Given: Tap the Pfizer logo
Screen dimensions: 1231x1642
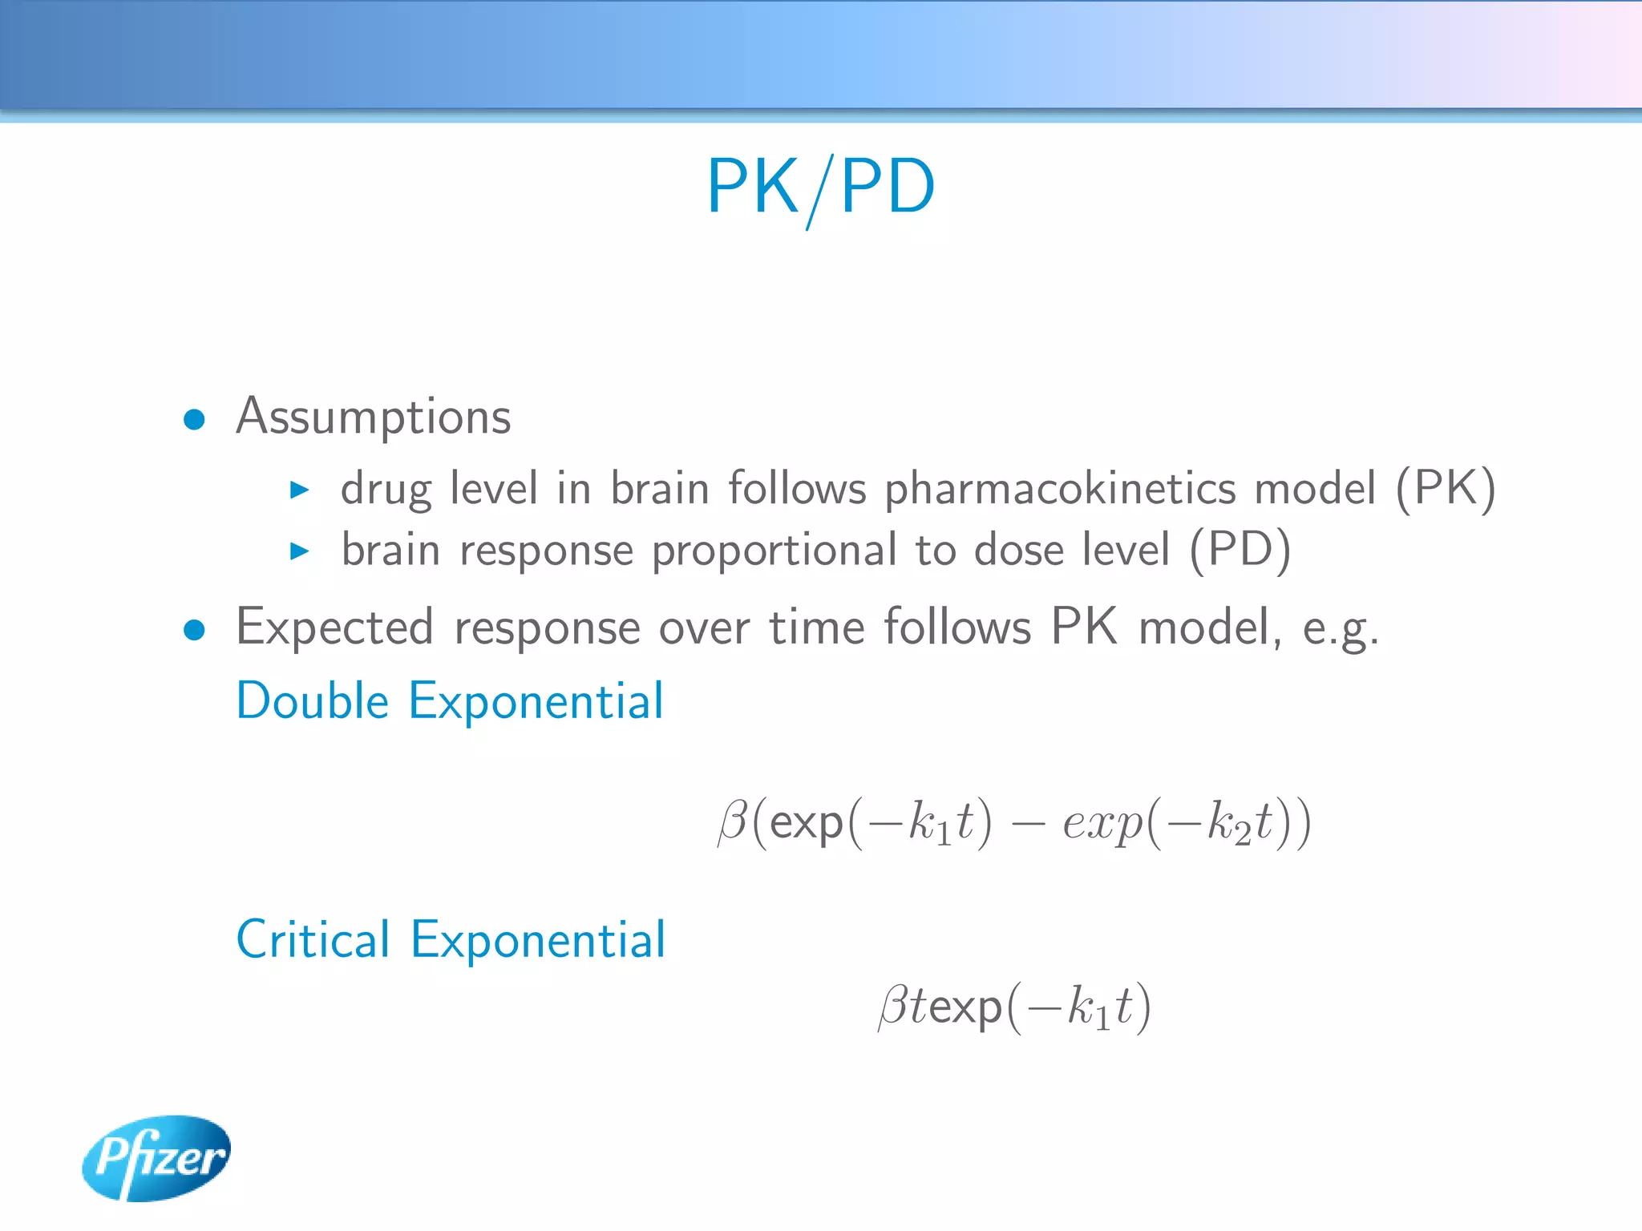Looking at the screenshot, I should point(156,1157).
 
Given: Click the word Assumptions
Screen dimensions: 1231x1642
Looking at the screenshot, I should point(374,417).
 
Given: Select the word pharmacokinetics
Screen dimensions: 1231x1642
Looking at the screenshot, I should point(1060,489).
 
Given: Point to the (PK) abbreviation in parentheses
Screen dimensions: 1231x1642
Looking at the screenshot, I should point(1445,489).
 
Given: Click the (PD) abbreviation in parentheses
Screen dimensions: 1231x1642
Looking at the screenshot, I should point(1240,551).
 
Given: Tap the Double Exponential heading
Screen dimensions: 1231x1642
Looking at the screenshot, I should point(450,701).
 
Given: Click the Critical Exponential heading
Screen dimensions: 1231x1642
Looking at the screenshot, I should point(451,939).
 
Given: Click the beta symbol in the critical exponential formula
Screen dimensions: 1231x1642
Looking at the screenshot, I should point(893,1007).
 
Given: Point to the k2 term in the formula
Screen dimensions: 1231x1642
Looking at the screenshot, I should point(1229,824).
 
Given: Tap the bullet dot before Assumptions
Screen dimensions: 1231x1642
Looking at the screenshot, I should point(194,419).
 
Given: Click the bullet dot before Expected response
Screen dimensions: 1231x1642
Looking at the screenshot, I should point(194,630).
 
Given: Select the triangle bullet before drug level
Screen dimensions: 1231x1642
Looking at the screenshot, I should point(299,490).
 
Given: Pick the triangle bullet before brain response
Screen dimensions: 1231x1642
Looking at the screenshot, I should point(299,551).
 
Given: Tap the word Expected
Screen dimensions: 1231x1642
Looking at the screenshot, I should point(335,627).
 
